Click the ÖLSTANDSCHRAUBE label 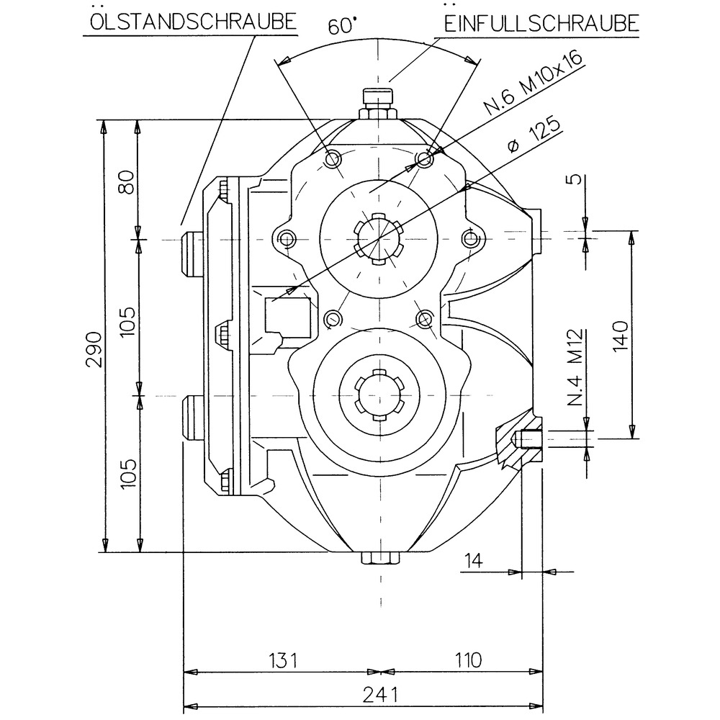coord(192,21)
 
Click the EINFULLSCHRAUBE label coord(541,22)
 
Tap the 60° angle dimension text coord(342,27)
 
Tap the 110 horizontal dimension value coord(467,660)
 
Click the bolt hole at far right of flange coord(472,238)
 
